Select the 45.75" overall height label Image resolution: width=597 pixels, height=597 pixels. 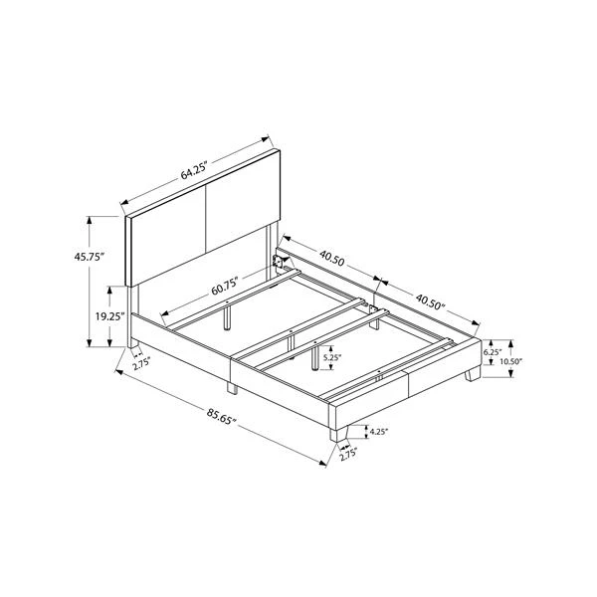pyautogui.click(x=90, y=257)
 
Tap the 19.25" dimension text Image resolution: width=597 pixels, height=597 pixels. pyautogui.click(x=110, y=316)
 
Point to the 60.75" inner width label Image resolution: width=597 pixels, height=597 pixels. pyautogui.click(x=225, y=286)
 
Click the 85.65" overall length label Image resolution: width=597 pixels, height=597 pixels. pyautogui.click(x=222, y=416)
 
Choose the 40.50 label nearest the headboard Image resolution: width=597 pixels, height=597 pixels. pyautogui.click(x=331, y=258)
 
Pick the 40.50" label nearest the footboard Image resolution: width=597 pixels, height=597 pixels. pyautogui.click(x=430, y=300)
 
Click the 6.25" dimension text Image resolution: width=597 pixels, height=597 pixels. pyautogui.click(x=493, y=352)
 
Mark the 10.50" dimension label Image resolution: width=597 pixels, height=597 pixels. pyautogui.click(x=510, y=361)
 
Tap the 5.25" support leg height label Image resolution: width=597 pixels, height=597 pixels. pyautogui.click(x=332, y=357)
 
